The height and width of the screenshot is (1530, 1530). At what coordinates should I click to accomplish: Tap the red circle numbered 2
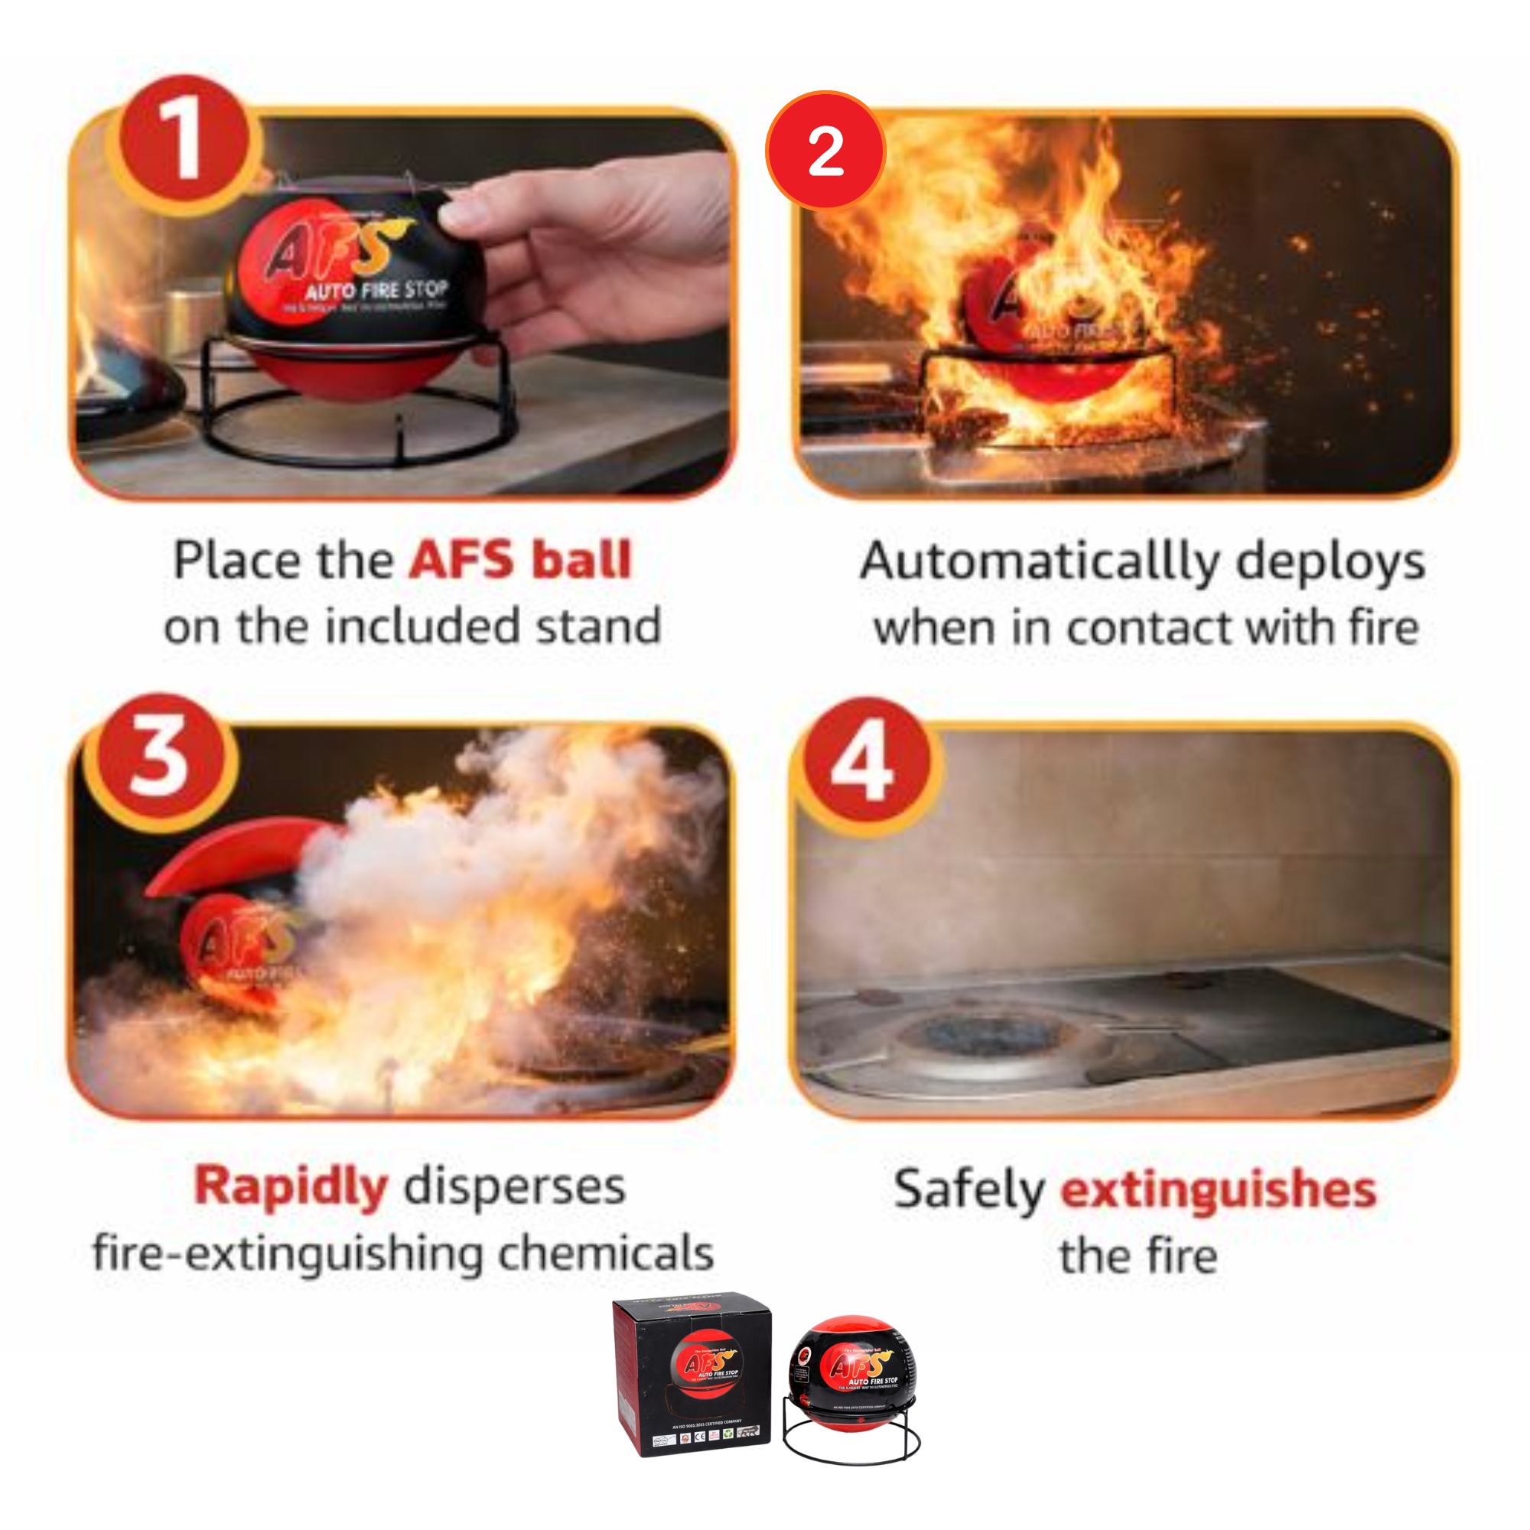pyautogui.click(x=825, y=151)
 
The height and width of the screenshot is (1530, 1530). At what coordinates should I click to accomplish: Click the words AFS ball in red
pyautogui.click(x=520, y=560)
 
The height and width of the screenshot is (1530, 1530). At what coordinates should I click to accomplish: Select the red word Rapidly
pyautogui.click(x=291, y=1187)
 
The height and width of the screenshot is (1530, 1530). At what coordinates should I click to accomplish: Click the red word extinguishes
pyautogui.click(x=1218, y=1189)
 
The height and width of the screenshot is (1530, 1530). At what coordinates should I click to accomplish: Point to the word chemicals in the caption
pyautogui.click(x=606, y=1253)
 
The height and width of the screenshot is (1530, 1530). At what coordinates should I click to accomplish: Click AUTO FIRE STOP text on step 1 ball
pyautogui.click(x=377, y=290)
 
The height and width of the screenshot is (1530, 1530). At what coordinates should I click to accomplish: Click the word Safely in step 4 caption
pyautogui.click(x=968, y=1189)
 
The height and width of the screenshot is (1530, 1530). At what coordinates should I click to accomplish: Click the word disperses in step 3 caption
pyautogui.click(x=515, y=1187)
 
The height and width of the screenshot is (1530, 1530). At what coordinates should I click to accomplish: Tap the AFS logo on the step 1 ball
pyautogui.click(x=329, y=249)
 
